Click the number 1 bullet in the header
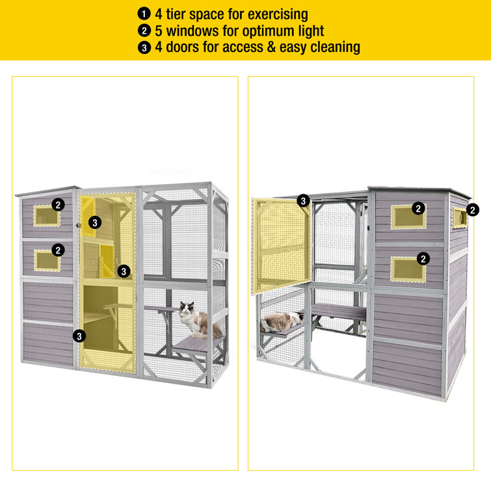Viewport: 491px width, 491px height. coord(144,14)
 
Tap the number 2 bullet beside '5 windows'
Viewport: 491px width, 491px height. coord(144,31)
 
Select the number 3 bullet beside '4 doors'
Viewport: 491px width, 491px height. coord(144,47)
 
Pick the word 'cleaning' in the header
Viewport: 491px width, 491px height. coord(335,47)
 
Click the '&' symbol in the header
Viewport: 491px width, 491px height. coord(271,47)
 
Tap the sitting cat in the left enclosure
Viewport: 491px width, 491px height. coord(199,320)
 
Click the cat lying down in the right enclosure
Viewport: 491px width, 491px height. coord(282,322)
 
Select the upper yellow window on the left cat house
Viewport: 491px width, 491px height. coord(47,216)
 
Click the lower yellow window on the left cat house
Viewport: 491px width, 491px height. coord(47,261)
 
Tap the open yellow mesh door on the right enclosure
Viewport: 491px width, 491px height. coord(280,246)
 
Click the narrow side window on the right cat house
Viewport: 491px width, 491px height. coord(459,218)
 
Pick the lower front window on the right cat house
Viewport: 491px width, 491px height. coord(408,269)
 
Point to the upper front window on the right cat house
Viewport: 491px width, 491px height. coord(408,217)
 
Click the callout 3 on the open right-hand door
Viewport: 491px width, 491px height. coord(303,201)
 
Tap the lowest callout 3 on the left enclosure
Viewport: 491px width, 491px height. coord(79,336)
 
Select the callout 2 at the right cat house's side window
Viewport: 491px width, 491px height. coord(473,210)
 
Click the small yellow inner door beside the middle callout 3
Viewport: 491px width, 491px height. coord(107,261)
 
